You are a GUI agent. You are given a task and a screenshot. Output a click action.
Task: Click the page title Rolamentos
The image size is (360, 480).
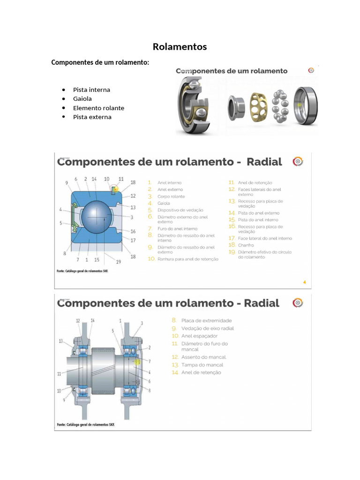tap(180, 47)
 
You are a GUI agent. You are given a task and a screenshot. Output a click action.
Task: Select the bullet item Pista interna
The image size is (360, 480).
tap(91, 90)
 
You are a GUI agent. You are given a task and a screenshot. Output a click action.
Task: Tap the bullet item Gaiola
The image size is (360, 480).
tap(82, 99)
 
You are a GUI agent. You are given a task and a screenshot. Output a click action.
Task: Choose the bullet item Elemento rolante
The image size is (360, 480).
tap(98, 108)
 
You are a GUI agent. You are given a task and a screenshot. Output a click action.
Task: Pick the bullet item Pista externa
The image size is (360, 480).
tap(92, 117)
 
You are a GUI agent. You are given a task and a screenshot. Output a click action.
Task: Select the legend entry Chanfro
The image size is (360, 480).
tap(246, 245)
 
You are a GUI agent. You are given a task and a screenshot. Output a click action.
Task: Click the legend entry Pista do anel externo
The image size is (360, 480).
tap(258, 213)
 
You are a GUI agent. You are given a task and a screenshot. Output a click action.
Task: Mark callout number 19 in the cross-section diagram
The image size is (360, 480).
tap(119, 262)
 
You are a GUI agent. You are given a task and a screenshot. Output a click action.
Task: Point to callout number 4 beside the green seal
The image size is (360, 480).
tap(60, 209)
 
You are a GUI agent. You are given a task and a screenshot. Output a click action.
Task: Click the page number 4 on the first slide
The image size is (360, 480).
tap(305, 282)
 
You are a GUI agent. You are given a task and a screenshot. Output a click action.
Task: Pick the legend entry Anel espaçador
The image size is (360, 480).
tap(199, 336)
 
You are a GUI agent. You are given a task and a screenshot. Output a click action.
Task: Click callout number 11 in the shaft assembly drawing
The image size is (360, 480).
tap(60, 374)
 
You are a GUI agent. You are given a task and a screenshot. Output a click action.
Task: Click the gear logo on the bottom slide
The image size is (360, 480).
tap(298, 302)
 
